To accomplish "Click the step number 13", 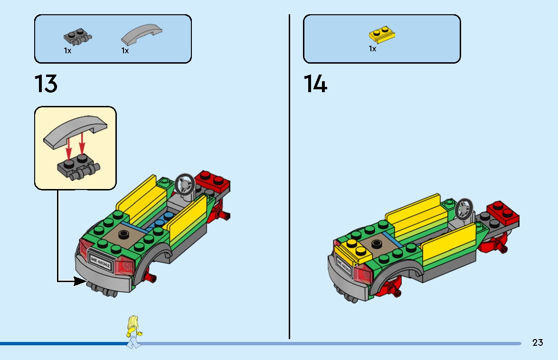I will click(46, 84).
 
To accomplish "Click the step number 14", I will click(315, 84).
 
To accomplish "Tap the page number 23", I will click(537, 342).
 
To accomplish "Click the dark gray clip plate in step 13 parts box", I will click(77, 37).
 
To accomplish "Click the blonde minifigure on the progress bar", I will click(133, 332).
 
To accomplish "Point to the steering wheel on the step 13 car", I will click(184, 184).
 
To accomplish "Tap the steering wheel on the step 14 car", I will click(464, 209).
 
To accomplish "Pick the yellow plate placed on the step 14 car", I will click(353, 249).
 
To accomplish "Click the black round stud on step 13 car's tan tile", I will click(124, 233).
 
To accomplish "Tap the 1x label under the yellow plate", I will click(372, 49).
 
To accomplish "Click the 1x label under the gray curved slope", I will click(125, 50).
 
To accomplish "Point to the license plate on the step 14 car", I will click(344, 267).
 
